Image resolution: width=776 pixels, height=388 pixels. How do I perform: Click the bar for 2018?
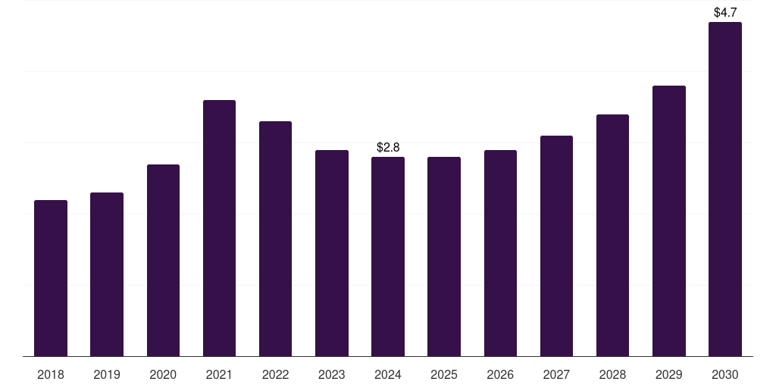click(x=51, y=278)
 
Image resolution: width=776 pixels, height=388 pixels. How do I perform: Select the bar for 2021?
click(x=219, y=228)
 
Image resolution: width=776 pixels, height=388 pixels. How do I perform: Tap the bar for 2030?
click(x=725, y=189)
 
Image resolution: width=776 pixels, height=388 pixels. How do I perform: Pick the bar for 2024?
click(x=388, y=256)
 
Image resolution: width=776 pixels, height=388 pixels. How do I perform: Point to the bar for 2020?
click(x=164, y=261)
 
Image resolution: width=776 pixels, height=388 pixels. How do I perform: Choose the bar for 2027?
click(x=556, y=246)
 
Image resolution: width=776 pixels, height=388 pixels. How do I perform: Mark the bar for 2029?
click(x=669, y=221)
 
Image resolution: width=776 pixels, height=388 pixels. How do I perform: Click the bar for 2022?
click(x=275, y=239)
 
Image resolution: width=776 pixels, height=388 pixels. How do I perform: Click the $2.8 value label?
click(x=388, y=147)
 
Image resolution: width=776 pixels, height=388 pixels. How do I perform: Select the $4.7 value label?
click(x=725, y=12)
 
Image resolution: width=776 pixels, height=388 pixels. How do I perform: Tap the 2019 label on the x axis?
click(x=107, y=374)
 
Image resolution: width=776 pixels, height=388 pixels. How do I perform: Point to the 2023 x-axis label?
click(x=332, y=374)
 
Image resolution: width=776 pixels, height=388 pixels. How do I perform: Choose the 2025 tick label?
click(x=444, y=374)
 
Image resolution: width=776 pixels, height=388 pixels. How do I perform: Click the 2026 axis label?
click(x=500, y=374)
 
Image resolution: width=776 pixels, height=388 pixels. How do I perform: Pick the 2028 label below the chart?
click(x=612, y=374)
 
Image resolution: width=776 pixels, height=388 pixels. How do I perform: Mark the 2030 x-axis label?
click(x=725, y=374)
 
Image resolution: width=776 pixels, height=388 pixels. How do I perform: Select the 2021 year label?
click(x=219, y=374)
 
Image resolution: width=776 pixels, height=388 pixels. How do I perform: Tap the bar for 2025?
click(x=444, y=256)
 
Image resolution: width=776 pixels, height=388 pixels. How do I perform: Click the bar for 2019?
click(x=107, y=274)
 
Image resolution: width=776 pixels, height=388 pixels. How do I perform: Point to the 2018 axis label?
click(x=51, y=374)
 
